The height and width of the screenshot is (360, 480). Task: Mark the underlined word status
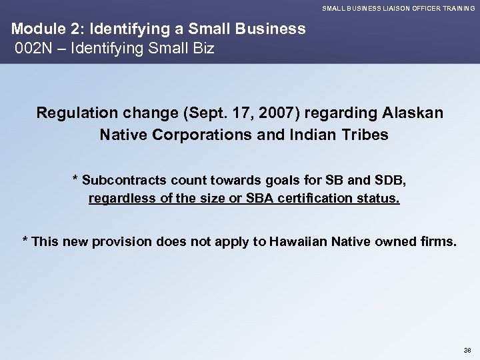(x=381, y=199)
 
